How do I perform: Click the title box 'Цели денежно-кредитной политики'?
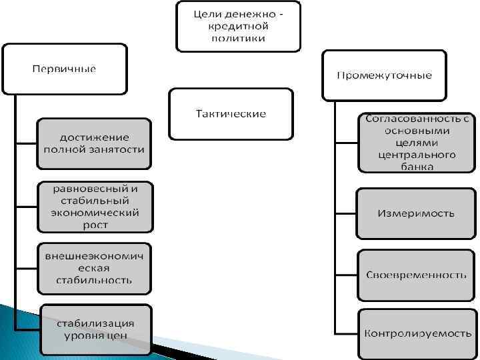[238, 26]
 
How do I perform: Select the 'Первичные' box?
[65, 69]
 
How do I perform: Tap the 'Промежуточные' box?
[384, 75]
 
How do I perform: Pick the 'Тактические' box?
[231, 114]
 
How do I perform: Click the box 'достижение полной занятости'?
[94, 143]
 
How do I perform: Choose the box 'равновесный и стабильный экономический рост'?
[95, 207]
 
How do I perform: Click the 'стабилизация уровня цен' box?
[95, 329]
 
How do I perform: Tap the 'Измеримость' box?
[417, 214]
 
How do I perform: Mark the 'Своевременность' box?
[417, 275]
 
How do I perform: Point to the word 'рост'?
[95, 225]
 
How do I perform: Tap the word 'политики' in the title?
[238, 39]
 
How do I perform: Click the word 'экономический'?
[95, 213]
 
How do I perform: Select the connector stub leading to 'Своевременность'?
[345, 275]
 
